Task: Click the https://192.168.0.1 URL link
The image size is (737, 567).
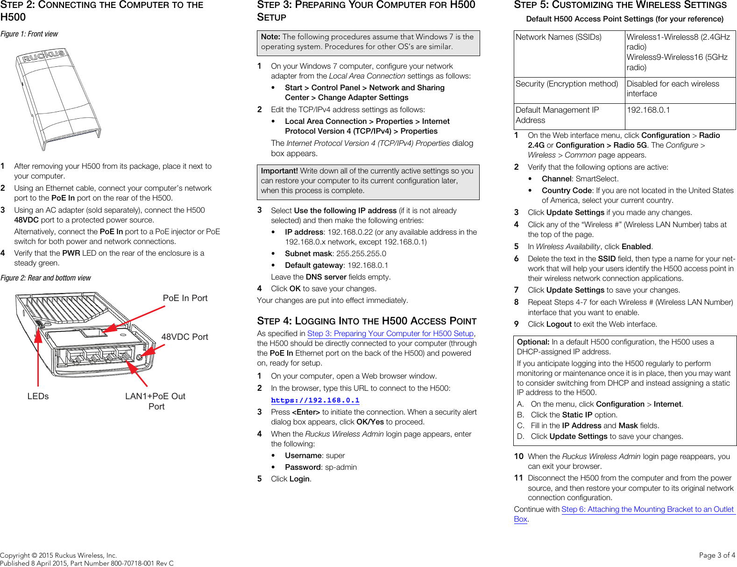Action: point(315,401)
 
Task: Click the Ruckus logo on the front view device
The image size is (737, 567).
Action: point(44,57)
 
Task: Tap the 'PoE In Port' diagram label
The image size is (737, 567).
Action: point(185,298)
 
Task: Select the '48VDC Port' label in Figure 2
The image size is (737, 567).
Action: point(184,337)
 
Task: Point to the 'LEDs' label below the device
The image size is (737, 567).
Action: point(38,396)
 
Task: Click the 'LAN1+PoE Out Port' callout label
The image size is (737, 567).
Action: point(156,401)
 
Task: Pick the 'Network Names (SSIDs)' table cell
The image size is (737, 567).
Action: point(558,37)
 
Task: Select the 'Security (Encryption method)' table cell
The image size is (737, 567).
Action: point(567,84)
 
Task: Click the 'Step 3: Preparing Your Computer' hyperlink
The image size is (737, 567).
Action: point(390,334)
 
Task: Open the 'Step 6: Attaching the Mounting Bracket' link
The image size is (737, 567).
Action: point(647,510)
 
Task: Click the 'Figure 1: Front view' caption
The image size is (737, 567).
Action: point(29,34)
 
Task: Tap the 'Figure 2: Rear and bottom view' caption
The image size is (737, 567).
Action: point(46,278)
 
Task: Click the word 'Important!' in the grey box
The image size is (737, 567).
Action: point(279,171)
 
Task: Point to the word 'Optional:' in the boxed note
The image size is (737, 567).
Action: point(533,342)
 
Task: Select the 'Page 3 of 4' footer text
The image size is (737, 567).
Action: point(717,555)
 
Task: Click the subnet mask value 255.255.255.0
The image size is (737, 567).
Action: point(361,254)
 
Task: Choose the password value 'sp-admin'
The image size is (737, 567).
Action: point(340,467)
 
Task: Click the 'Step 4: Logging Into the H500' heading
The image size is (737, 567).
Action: point(367,321)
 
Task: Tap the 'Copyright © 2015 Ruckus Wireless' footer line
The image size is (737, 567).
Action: point(58,555)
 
